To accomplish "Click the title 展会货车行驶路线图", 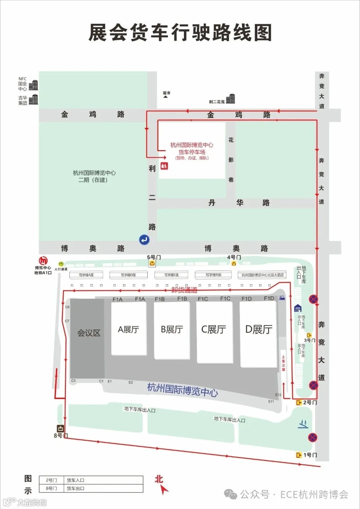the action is click(180, 33).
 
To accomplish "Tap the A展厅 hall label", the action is click(128, 330).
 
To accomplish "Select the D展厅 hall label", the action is click(259, 330).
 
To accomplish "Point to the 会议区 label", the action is click(89, 333).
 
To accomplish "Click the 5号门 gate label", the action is click(154, 257).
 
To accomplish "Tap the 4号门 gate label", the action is click(234, 257).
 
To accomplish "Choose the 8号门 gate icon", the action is click(60, 429).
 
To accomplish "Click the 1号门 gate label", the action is click(310, 455).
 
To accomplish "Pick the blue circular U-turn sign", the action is click(144, 239).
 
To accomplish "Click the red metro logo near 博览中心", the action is click(43, 261).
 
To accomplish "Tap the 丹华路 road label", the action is click(239, 203).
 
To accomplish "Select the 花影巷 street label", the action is click(231, 160).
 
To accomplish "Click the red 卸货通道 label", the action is click(184, 290).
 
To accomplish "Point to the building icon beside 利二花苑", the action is click(231, 99).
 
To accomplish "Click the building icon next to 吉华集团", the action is click(33, 99).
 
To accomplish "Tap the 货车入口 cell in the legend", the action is click(75, 480).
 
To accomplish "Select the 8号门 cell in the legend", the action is click(51, 488).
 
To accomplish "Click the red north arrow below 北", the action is click(164, 490).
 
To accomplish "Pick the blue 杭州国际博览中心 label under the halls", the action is click(183, 389).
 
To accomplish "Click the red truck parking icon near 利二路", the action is click(164, 165).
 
